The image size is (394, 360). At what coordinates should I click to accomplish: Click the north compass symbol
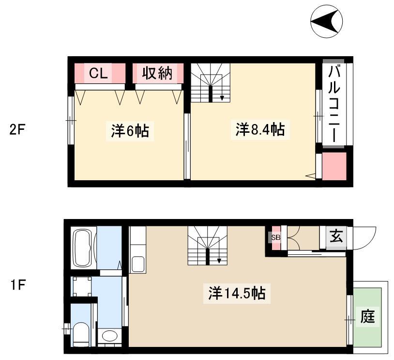coord(326,21)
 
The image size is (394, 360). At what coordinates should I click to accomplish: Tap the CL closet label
coord(99,74)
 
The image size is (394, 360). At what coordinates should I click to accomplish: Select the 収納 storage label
coord(157,74)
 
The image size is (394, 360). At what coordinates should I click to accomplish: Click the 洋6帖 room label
coord(130,130)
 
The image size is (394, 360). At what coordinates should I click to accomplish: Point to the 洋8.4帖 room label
coord(260,129)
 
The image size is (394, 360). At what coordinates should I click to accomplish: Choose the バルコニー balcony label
coord(334,104)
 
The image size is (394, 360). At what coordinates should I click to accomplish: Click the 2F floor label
coord(17,130)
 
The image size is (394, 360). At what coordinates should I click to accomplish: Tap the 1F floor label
coord(17,285)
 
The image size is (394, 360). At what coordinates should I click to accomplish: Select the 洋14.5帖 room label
coord(237,293)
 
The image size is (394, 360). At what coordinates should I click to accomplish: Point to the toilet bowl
coord(81,334)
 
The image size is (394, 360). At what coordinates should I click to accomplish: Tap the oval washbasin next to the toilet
coord(109,336)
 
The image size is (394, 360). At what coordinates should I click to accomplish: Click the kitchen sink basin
coord(137,264)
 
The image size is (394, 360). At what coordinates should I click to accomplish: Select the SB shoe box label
coord(275,237)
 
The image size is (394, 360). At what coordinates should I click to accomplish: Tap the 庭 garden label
coord(367,316)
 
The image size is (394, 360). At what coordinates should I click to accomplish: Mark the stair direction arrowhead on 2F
coord(222,98)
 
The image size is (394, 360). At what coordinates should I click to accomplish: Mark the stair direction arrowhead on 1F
coord(219,261)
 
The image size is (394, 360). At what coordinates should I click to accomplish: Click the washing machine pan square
coord(82,286)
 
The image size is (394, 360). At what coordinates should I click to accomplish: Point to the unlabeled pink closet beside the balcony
coord(334,166)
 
